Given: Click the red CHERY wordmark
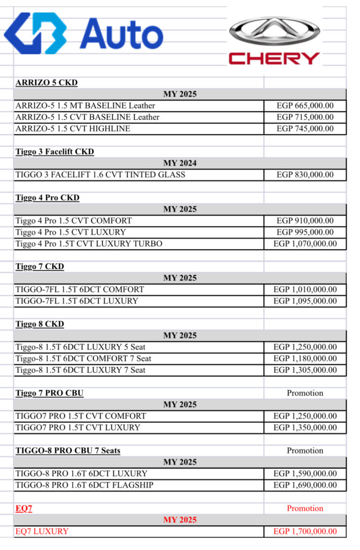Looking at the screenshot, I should tap(275, 58).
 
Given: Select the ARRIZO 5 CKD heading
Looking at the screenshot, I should tap(47, 83).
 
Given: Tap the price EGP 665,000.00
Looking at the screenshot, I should tap(305, 106).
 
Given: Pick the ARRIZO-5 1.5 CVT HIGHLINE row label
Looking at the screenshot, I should tap(73, 129).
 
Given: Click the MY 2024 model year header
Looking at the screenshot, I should tap(180, 163).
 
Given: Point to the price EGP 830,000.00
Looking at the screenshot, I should tap(305, 175).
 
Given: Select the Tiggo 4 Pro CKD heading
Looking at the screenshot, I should tap(47, 198).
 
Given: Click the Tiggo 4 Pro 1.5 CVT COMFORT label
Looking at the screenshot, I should tap(74, 221).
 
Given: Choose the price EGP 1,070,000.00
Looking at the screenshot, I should tap(305, 244).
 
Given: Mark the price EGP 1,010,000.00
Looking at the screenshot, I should tap(305, 290).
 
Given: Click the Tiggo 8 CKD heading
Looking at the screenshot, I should tap(40, 324).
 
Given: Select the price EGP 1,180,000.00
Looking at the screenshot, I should tap(305, 359).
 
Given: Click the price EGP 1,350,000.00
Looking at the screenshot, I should tap(305, 428).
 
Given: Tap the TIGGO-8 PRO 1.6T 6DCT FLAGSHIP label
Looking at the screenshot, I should tap(84, 486).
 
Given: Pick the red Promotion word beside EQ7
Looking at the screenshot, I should tap(305, 508).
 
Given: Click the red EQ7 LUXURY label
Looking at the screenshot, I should tap(42, 531).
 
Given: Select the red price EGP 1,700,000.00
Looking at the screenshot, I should tap(305, 531).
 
